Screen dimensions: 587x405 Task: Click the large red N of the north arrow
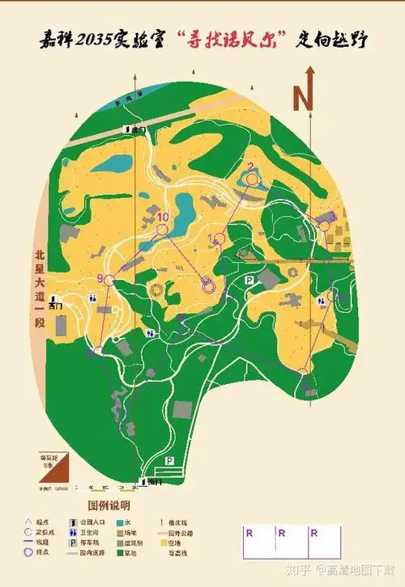tap(303, 99)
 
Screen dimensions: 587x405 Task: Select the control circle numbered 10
tap(162, 230)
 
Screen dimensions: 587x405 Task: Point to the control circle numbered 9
tap(109, 279)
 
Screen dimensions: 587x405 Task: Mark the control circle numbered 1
tap(220, 239)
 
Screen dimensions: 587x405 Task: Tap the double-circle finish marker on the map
tap(207, 285)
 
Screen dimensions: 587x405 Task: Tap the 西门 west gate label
tap(55, 306)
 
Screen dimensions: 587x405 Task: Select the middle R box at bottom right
tap(282, 534)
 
